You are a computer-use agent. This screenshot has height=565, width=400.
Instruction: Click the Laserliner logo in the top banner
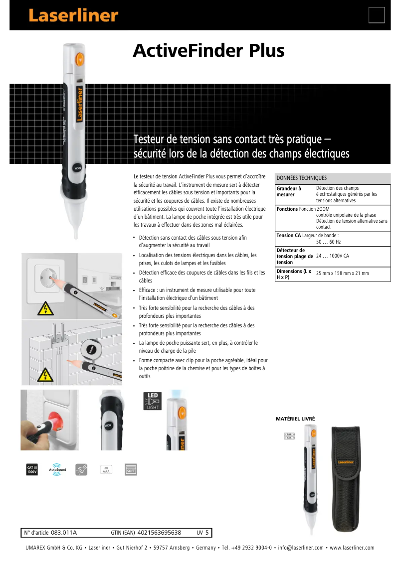73,15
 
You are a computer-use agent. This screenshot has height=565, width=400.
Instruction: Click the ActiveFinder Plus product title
208,51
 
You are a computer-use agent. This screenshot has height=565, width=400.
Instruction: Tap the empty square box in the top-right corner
377,15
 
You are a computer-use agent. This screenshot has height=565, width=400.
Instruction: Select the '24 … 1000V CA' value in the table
332,256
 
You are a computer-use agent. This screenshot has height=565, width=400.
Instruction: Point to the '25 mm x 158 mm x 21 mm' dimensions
342,274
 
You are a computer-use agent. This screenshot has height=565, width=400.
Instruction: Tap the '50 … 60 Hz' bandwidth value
328,242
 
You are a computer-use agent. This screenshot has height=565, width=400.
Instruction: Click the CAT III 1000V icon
32,469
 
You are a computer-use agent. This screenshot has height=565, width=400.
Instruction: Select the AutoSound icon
57,469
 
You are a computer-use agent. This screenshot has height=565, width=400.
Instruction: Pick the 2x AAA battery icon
106,469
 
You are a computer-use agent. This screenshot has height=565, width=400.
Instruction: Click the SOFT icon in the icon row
131,469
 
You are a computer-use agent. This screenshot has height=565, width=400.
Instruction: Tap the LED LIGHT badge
151,401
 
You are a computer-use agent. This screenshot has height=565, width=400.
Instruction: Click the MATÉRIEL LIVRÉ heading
295,419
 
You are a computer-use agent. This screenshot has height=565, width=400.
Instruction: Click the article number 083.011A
64,533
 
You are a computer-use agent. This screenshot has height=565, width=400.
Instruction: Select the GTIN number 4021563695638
159,533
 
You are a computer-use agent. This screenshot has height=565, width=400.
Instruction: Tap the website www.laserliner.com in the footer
352,548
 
